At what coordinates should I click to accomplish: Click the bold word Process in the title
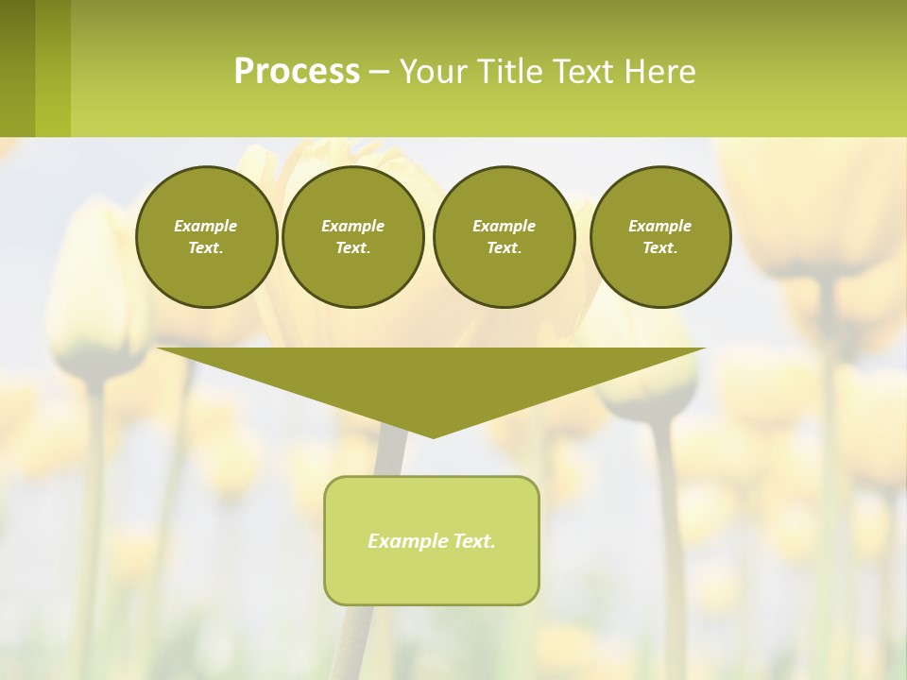click(297, 72)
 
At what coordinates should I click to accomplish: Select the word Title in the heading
click(515, 72)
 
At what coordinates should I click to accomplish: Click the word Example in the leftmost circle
click(206, 226)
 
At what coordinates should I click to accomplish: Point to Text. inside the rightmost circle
click(660, 248)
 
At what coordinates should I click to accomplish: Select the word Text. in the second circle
click(353, 248)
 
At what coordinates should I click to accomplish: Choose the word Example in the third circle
click(504, 226)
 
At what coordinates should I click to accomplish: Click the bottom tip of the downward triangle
click(433, 435)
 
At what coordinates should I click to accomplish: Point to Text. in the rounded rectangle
click(475, 541)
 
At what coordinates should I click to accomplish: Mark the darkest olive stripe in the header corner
click(17, 68)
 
